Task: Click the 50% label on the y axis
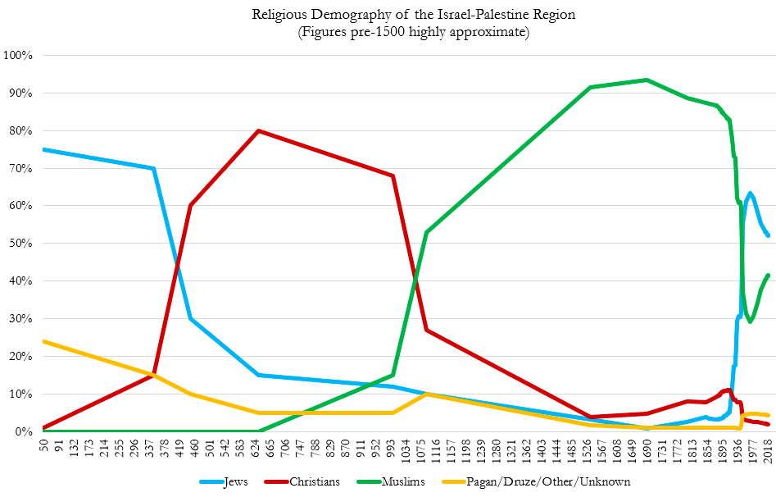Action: click(x=20, y=244)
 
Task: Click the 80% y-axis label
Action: click(x=20, y=131)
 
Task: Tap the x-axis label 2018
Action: click(x=769, y=449)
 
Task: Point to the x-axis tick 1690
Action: click(x=647, y=449)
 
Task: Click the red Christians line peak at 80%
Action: click(x=259, y=130)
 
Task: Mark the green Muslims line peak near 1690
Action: click(x=647, y=80)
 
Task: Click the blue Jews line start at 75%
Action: click(x=43, y=149)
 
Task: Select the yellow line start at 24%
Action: click(x=43, y=341)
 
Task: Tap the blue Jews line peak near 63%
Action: click(x=750, y=194)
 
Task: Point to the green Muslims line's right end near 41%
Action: click(x=769, y=275)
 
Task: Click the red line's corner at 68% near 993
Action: click(x=393, y=176)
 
